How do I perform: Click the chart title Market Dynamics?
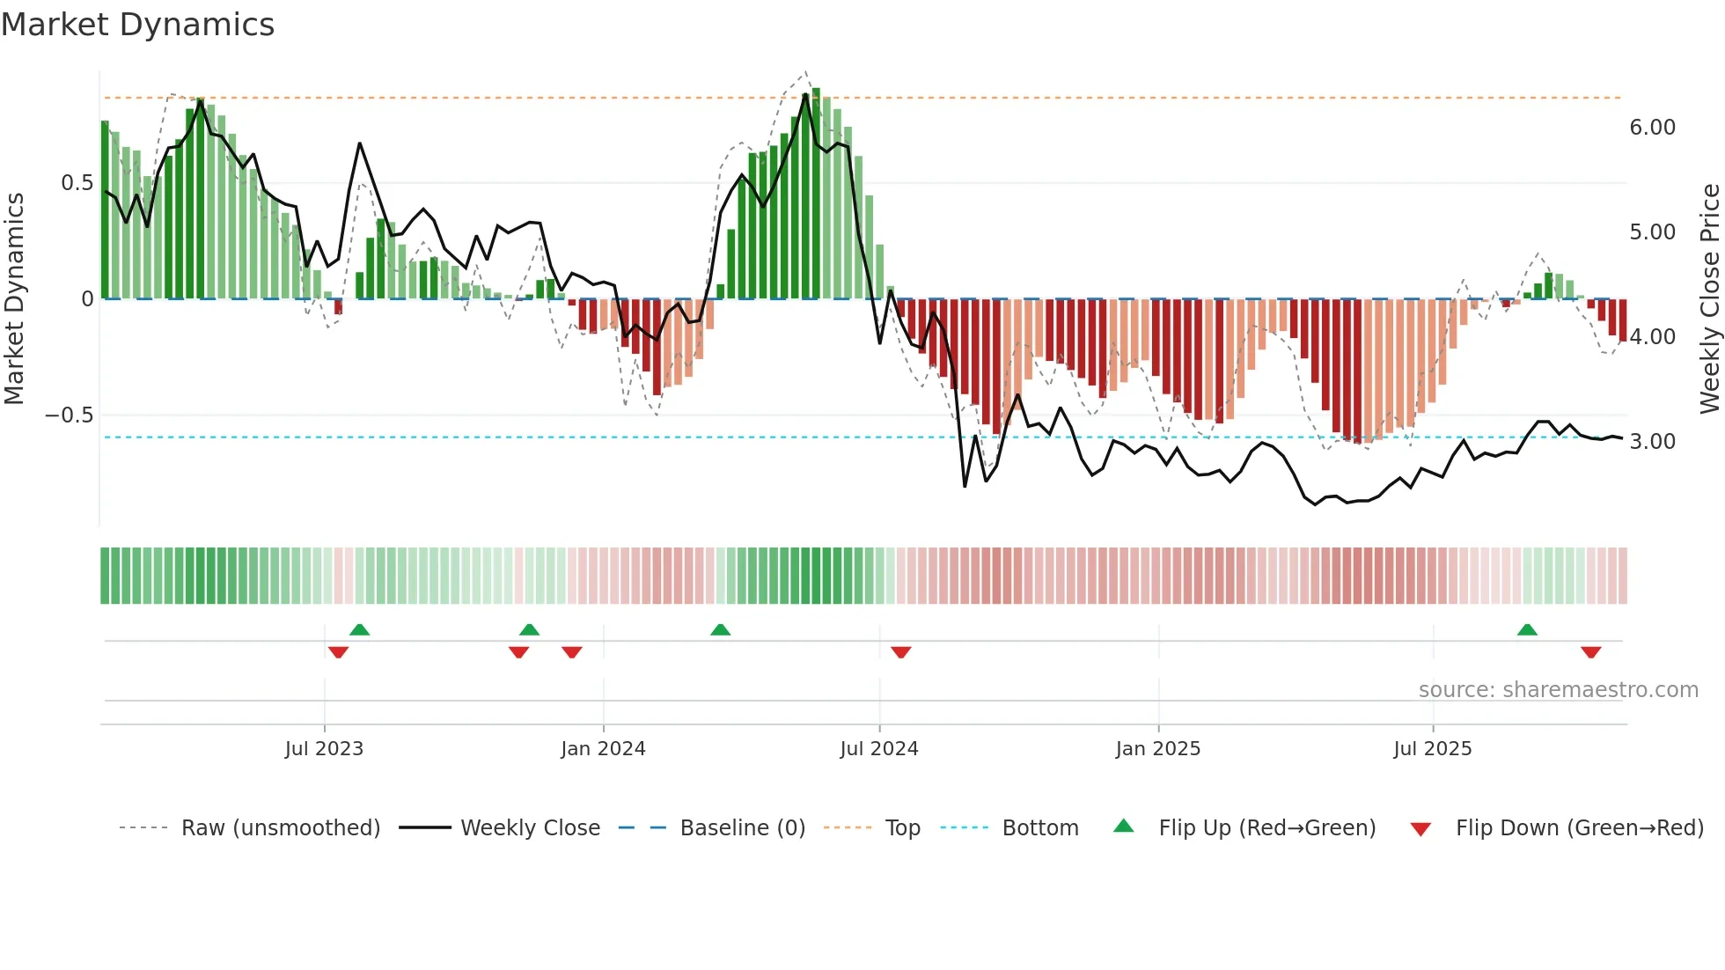click(138, 25)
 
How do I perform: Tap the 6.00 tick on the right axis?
click(1652, 128)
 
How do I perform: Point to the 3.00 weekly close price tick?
click(1652, 442)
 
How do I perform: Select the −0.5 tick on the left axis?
click(69, 415)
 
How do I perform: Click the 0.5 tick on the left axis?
click(77, 183)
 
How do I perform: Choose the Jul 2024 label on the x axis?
click(878, 749)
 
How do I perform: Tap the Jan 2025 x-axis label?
click(1157, 749)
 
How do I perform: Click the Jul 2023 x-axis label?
click(324, 749)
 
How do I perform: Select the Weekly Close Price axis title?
click(1709, 298)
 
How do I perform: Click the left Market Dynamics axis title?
click(14, 298)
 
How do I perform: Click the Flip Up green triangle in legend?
click(1124, 826)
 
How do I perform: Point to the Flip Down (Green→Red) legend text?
click(1579, 828)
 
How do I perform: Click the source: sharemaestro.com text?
click(1558, 690)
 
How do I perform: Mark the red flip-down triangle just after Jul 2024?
click(900, 652)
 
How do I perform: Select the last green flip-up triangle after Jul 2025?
click(1527, 629)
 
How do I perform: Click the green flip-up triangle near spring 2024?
click(720, 629)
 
